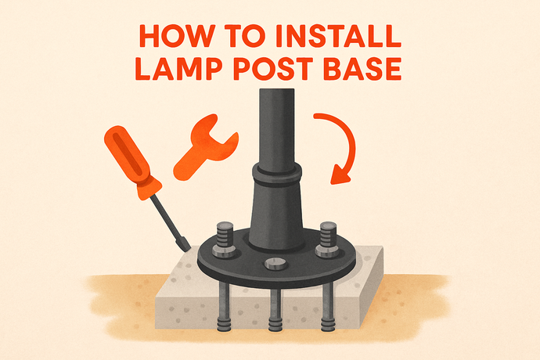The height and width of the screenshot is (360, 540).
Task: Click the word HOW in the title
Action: click(x=177, y=36)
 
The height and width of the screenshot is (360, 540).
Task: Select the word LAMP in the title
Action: click(x=179, y=69)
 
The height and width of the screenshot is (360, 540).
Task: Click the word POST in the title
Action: click(x=273, y=69)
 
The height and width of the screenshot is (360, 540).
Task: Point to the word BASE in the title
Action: click(x=362, y=69)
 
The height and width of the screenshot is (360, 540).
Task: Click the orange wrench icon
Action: click(x=205, y=147)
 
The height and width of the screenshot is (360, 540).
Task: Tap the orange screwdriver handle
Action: click(x=132, y=162)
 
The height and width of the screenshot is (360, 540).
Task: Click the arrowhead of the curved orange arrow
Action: click(x=340, y=175)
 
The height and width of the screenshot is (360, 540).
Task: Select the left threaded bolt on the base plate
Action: click(x=224, y=239)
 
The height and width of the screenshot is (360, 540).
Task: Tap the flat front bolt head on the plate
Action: click(x=275, y=264)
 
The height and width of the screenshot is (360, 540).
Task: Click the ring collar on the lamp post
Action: click(x=277, y=175)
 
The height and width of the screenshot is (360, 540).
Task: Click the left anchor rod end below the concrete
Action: click(x=224, y=326)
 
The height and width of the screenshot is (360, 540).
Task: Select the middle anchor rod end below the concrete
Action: click(x=275, y=326)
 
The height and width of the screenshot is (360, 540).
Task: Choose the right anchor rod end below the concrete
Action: click(x=327, y=326)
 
